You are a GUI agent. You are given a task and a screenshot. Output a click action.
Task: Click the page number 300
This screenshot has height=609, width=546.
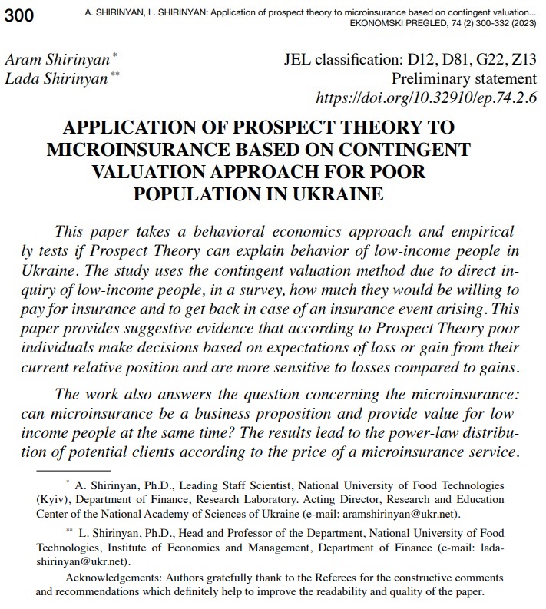pos(19,17)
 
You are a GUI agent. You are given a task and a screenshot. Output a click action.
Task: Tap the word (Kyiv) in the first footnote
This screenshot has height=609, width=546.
pos(51,500)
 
